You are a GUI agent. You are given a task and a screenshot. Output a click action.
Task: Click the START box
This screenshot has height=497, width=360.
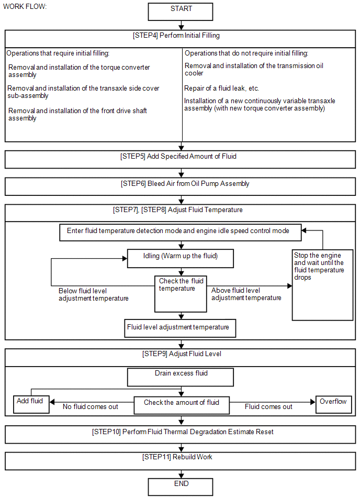(181, 12)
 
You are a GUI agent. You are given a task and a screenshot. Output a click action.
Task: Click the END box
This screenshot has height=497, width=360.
(181, 487)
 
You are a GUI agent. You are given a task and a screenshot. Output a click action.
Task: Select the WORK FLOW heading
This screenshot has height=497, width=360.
(25, 7)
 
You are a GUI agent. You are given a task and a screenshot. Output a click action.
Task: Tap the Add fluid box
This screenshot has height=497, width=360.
(31, 404)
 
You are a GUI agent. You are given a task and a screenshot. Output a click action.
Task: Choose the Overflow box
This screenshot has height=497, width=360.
(334, 404)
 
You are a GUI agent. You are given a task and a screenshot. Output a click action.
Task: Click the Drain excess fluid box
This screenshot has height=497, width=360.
(181, 377)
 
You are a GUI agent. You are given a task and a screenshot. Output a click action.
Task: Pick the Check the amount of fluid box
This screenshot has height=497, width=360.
(182, 405)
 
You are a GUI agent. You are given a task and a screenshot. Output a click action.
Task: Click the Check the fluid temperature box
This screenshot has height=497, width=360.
(181, 294)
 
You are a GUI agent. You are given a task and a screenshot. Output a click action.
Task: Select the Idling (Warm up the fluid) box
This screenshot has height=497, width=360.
(181, 258)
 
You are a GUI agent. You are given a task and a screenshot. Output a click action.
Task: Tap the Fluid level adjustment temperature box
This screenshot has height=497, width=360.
(180, 328)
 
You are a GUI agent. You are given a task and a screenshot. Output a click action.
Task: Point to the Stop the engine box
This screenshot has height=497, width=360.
(323, 285)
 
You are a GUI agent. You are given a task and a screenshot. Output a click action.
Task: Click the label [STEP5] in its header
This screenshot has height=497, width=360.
(133, 157)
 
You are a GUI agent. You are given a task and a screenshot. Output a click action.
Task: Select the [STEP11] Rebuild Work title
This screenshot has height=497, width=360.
(177, 457)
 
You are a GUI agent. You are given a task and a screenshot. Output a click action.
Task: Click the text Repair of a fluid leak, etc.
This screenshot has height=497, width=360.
(222, 89)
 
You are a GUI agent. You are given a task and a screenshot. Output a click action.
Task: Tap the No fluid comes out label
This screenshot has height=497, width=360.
(90, 407)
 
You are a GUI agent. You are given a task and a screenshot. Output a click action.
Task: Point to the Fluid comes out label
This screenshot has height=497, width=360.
(268, 407)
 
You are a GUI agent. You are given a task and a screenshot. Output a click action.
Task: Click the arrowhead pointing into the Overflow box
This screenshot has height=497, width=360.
(313, 402)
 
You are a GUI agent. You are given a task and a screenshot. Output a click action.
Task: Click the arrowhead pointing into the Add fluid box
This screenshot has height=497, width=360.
(52, 402)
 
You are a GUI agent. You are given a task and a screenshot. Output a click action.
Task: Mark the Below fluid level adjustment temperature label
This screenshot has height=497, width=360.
(94, 294)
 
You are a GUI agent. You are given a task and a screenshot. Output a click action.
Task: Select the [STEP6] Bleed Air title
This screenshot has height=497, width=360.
(185, 184)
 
